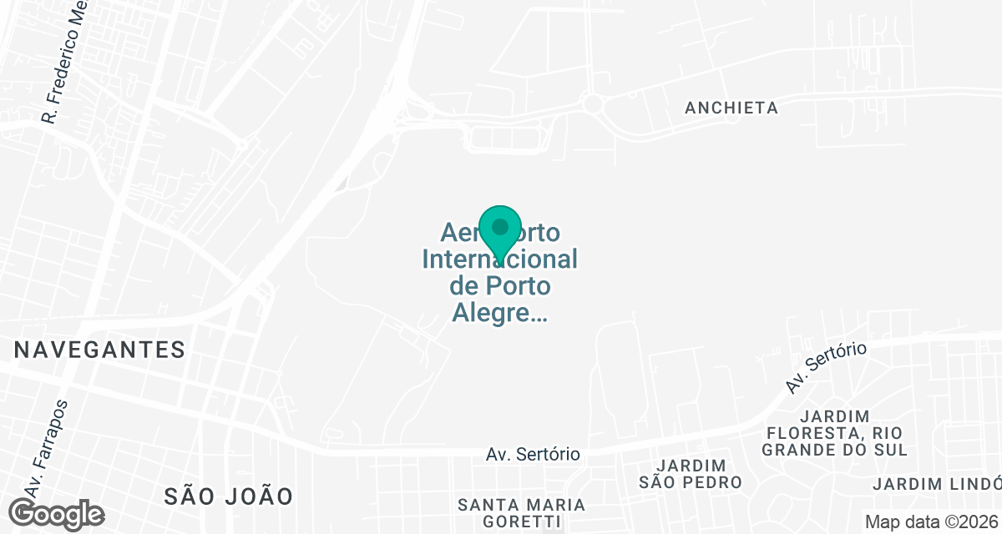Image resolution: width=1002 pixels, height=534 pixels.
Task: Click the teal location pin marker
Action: click(500, 229)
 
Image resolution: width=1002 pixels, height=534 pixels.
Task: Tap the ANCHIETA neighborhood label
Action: click(731, 108)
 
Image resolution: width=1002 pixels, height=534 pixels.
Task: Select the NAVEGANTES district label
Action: click(99, 350)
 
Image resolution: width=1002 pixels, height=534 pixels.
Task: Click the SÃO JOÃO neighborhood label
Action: click(228, 496)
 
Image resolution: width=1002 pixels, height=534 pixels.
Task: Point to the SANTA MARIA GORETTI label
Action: click(522, 513)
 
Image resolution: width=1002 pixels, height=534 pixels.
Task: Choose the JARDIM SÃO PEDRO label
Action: click(691, 473)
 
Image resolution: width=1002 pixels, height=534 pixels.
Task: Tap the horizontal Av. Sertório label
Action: click(533, 455)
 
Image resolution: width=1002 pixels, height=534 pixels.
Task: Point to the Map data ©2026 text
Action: click(931, 521)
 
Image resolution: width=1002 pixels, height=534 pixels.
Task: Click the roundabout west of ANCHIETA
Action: click(594, 104)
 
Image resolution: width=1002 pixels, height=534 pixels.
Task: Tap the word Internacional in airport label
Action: click(500, 259)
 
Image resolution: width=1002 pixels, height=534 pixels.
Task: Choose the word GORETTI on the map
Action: click(522, 522)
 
